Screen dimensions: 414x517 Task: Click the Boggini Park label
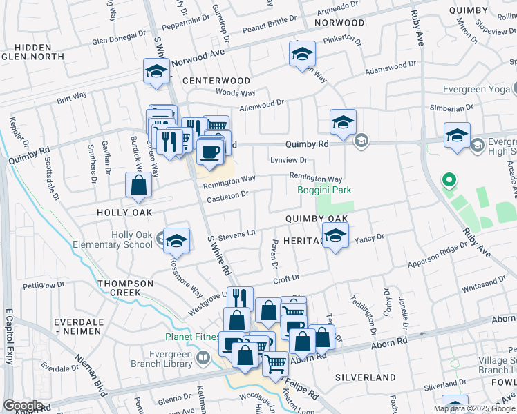pos(324,190)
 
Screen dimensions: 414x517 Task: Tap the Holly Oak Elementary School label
pos(133,239)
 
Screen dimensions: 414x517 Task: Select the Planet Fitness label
pos(192,337)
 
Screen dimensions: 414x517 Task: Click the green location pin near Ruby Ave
pos(449,182)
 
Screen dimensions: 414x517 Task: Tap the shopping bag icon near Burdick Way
pos(138,185)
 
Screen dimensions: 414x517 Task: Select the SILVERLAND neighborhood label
pos(366,377)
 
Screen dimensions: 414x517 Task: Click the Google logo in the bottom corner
pos(23,406)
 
